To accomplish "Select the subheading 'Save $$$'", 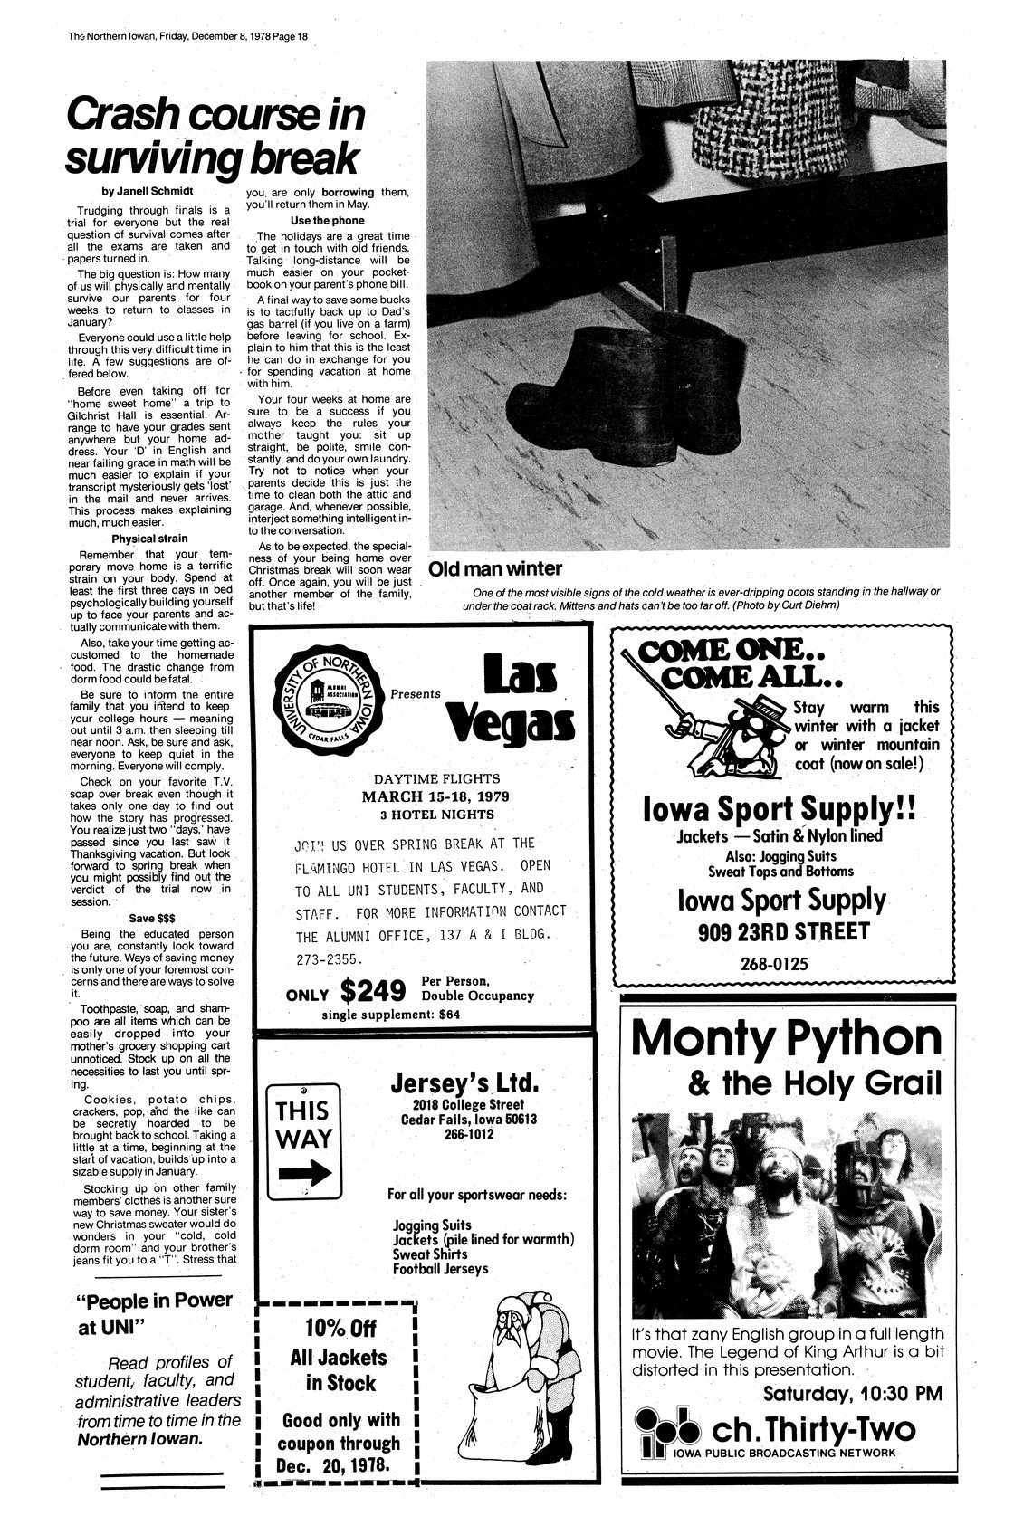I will tap(153, 916).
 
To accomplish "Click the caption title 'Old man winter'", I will tap(494, 569).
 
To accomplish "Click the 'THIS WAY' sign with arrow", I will tap(303, 1143).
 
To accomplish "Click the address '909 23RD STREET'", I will tap(783, 931).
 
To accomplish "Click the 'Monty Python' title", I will tap(787, 1039).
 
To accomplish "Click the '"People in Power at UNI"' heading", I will tap(155, 1313).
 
